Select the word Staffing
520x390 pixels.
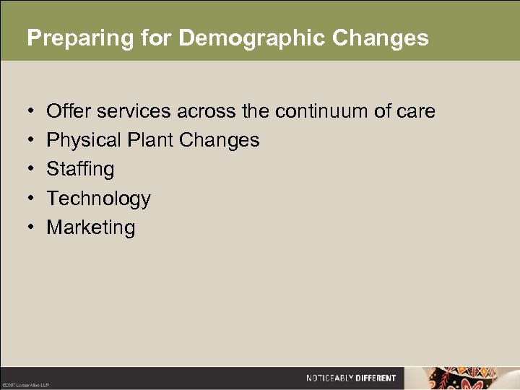(x=80, y=169)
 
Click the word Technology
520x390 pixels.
(x=98, y=199)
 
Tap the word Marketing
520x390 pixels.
(x=90, y=227)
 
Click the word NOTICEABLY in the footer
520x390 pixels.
(x=329, y=378)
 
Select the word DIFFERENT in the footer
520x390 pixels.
(x=376, y=378)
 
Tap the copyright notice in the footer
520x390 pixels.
(x=25, y=384)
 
